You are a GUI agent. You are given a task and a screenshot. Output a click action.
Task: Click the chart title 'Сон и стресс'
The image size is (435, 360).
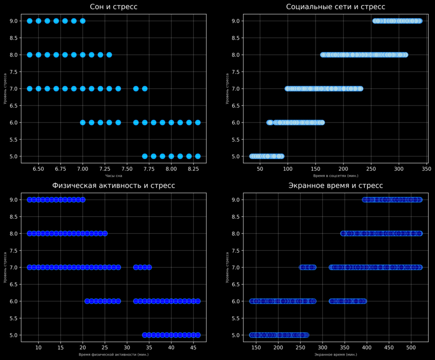coord(114,7)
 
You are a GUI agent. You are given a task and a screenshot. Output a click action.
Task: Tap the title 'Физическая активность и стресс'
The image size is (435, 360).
coord(114,185)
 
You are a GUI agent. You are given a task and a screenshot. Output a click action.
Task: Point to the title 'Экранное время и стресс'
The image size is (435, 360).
coord(335,185)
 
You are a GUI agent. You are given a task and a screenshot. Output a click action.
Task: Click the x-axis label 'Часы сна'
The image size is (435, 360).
coord(114,176)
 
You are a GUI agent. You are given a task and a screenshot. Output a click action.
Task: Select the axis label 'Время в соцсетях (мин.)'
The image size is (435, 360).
coord(335,176)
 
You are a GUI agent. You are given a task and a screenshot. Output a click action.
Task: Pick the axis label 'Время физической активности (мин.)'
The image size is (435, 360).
coord(114,355)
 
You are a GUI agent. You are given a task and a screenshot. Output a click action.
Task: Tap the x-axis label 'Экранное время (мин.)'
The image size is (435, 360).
coord(335,355)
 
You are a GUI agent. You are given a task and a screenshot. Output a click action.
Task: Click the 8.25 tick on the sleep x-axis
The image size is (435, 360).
coord(193,169)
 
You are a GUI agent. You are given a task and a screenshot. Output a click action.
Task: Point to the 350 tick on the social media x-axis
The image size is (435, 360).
coord(426,169)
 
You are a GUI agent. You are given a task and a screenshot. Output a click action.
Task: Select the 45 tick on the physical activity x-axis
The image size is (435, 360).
coord(193,348)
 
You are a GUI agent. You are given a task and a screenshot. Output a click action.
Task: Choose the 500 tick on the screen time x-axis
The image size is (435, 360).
coord(411,348)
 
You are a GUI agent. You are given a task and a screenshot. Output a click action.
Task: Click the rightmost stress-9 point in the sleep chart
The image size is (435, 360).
coord(83,21)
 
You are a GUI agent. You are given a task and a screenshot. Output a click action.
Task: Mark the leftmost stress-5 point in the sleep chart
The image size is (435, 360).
coord(145,156)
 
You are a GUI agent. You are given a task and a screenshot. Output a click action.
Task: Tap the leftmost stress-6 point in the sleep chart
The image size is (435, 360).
coord(83,122)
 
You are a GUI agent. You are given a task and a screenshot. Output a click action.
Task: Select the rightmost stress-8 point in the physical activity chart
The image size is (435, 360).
coord(104,233)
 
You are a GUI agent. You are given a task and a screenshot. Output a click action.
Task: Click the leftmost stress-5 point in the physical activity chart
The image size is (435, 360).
coord(145,335)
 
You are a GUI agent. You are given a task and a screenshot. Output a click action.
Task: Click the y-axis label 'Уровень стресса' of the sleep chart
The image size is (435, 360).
coord(5,89)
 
